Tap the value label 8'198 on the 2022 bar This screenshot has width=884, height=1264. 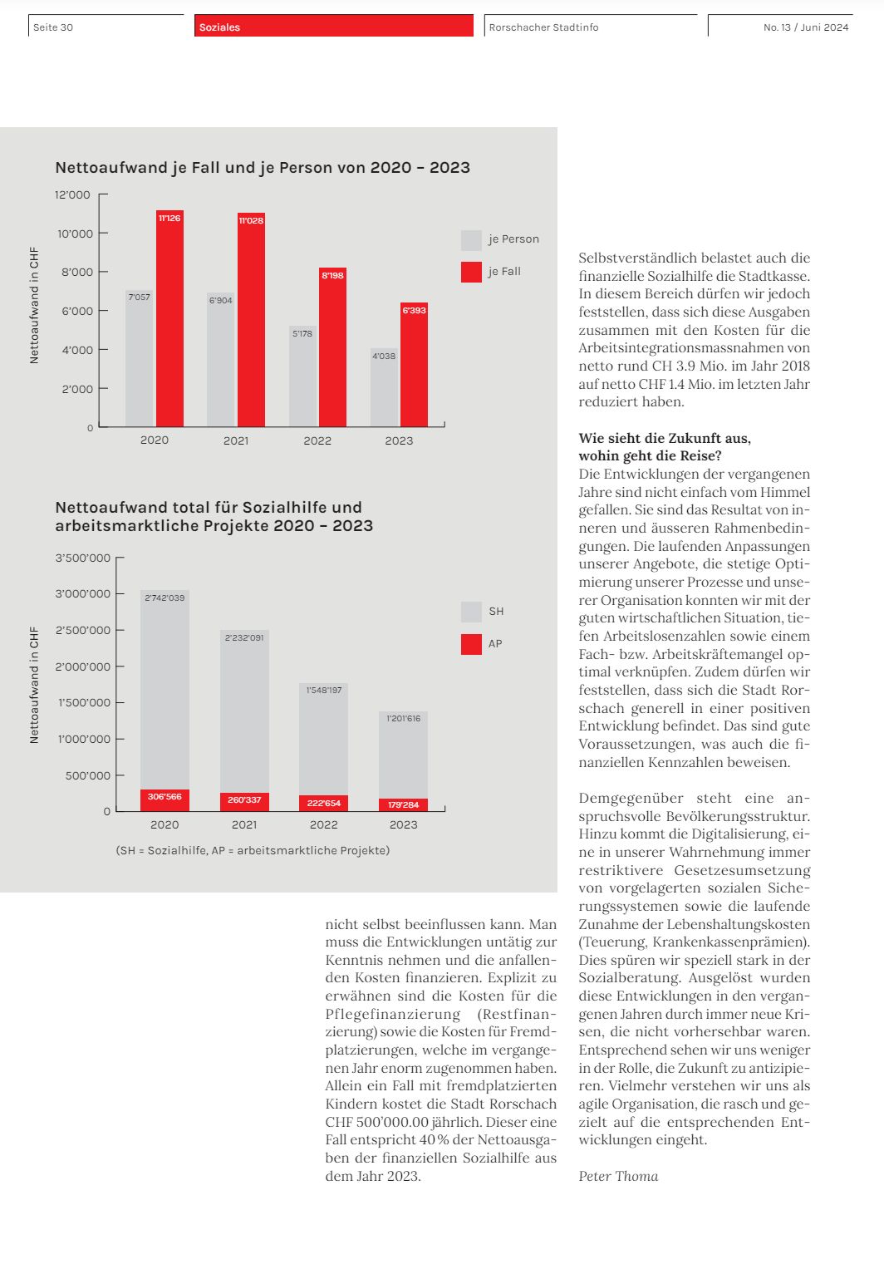332,275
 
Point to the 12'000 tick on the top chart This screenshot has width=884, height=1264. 73,195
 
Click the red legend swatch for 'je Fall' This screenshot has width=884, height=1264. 471,272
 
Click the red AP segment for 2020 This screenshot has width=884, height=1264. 165,800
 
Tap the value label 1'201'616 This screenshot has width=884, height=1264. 404,718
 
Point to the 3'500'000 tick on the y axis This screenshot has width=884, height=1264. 83,558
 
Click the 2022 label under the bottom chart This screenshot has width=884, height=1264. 323,824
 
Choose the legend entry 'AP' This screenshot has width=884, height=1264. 495,644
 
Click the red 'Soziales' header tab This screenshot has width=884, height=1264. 334,27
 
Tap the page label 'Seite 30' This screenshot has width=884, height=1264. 53,27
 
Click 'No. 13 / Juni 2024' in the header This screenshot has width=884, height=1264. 806,27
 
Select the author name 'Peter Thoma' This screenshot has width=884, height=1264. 618,1176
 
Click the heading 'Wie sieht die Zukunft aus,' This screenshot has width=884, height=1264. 665,438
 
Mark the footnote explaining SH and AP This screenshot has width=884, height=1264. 253,850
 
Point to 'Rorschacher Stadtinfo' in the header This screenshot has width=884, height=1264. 543,27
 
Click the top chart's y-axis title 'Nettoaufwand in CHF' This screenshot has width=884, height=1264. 34,305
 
